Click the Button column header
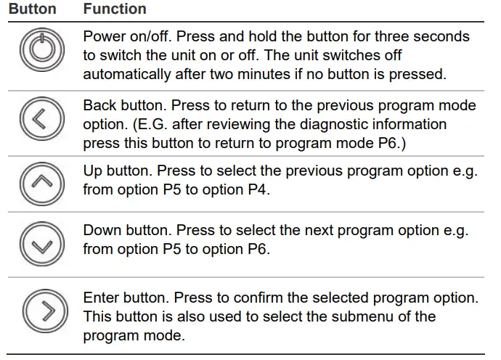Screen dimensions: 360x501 point(32,9)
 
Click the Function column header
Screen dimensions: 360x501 point(115,9)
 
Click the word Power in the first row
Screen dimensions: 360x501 point(102,36)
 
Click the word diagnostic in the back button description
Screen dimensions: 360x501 point(325,125)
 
